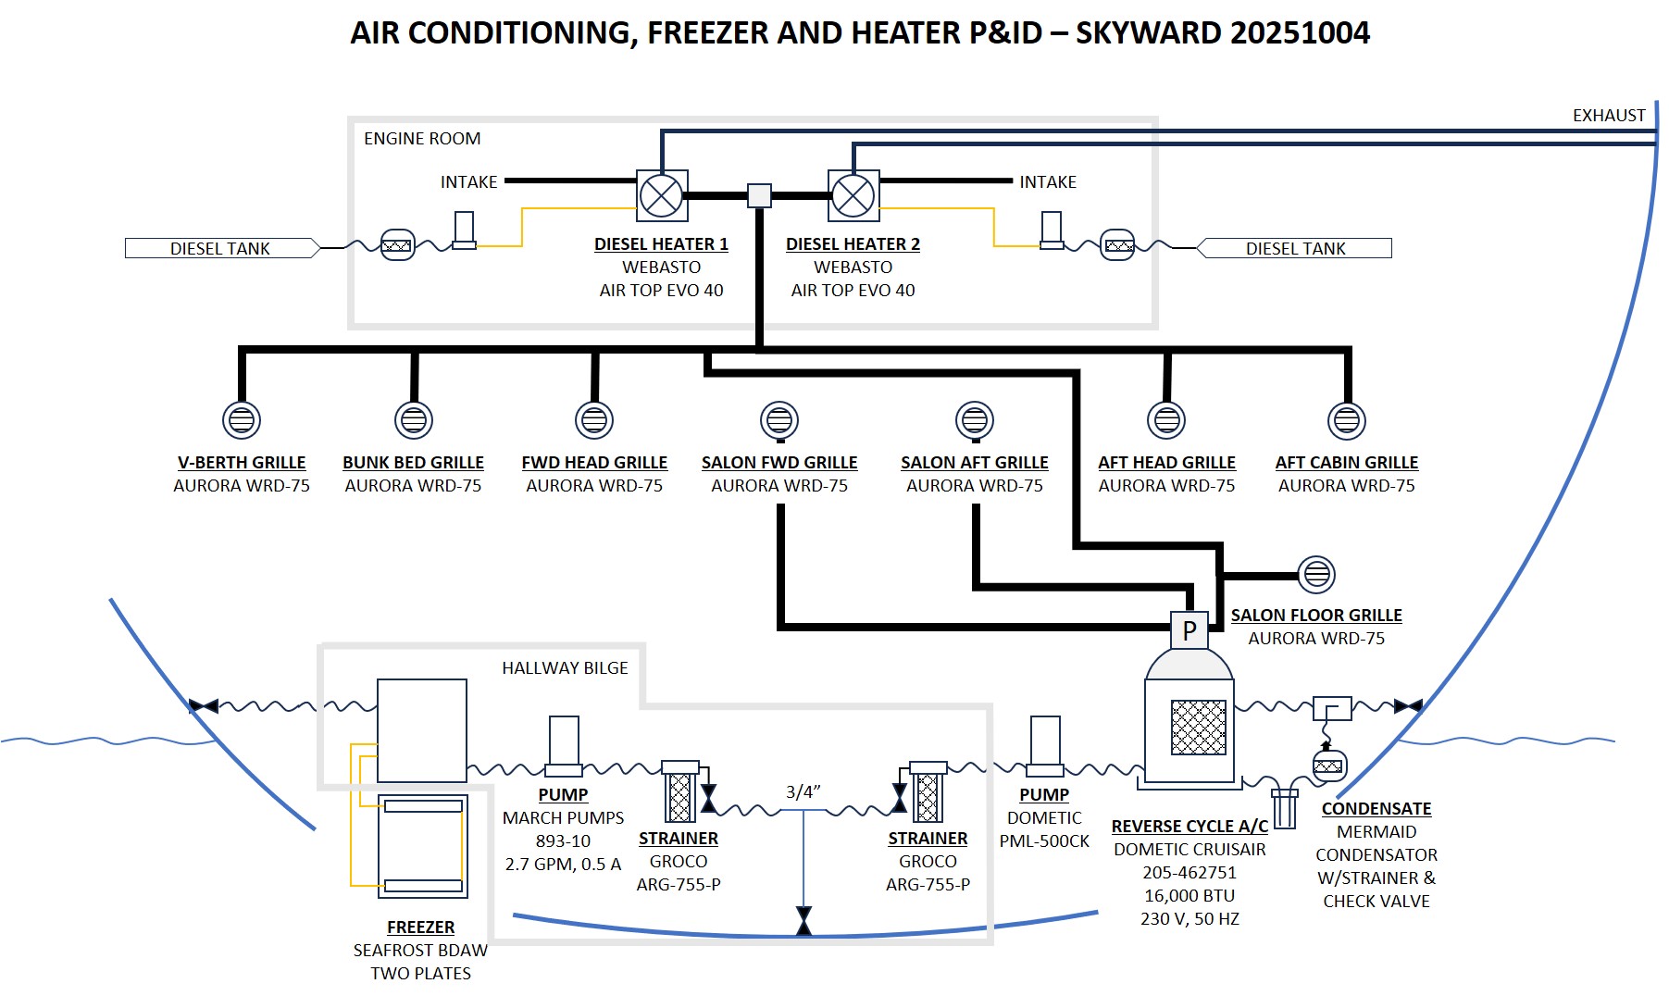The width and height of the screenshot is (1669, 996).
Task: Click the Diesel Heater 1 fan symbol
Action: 662,195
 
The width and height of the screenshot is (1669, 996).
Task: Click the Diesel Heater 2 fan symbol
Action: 853,195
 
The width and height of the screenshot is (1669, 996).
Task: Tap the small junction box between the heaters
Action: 759,195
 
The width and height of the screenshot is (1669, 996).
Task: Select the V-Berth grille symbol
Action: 242,420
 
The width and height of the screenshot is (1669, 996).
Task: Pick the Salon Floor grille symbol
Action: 1316,575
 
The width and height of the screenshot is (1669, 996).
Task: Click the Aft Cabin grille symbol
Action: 1347,420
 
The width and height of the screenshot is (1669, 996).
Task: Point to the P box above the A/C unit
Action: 1189,630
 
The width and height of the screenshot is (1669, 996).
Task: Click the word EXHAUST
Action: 1609,116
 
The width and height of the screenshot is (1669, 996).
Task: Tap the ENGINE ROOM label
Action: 422,139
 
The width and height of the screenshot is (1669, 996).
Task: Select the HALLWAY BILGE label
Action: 565,668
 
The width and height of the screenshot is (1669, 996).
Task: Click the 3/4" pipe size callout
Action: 803,791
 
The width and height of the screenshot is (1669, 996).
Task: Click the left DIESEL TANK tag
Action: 220,248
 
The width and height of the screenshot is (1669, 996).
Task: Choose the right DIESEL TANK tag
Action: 1295,248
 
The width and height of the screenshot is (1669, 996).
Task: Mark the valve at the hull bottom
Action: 803,921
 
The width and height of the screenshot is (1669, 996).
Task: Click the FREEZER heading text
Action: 421,927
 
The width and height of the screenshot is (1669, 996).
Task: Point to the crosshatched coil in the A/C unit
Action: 1199,728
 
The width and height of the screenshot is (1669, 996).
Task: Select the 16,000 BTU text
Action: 1189,895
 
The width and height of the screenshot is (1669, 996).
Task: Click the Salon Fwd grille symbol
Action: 779,420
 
